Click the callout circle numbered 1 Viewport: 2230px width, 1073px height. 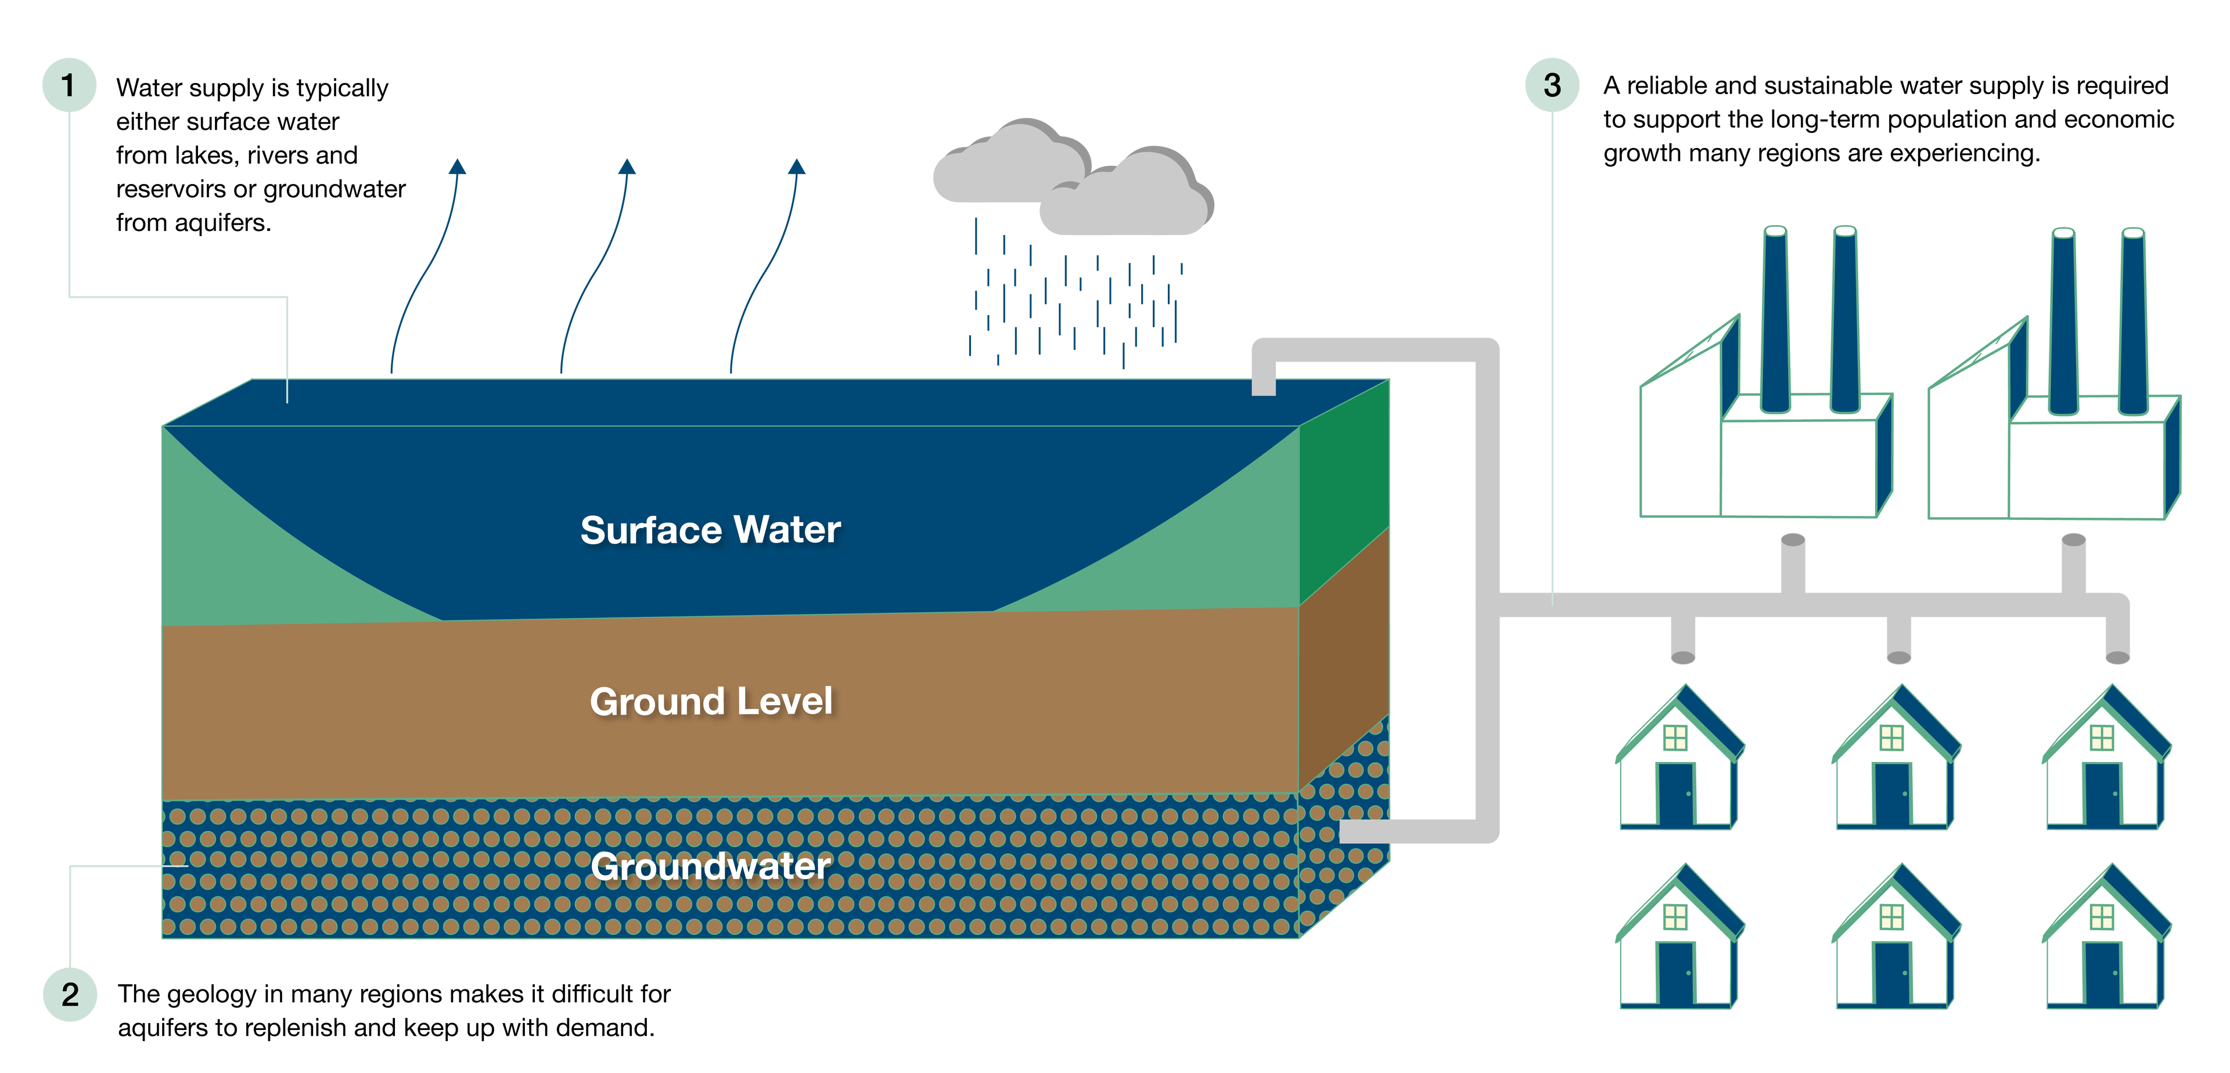point(69,85)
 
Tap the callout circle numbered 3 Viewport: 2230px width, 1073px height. point(1551,85)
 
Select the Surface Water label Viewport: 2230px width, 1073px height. point(710,530)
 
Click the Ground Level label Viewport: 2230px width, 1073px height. point(711,701)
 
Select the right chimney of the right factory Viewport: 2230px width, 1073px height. point(2132,320)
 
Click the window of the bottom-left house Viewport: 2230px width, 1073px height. point(1675,916)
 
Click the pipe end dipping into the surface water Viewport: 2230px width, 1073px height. point(1264,386)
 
